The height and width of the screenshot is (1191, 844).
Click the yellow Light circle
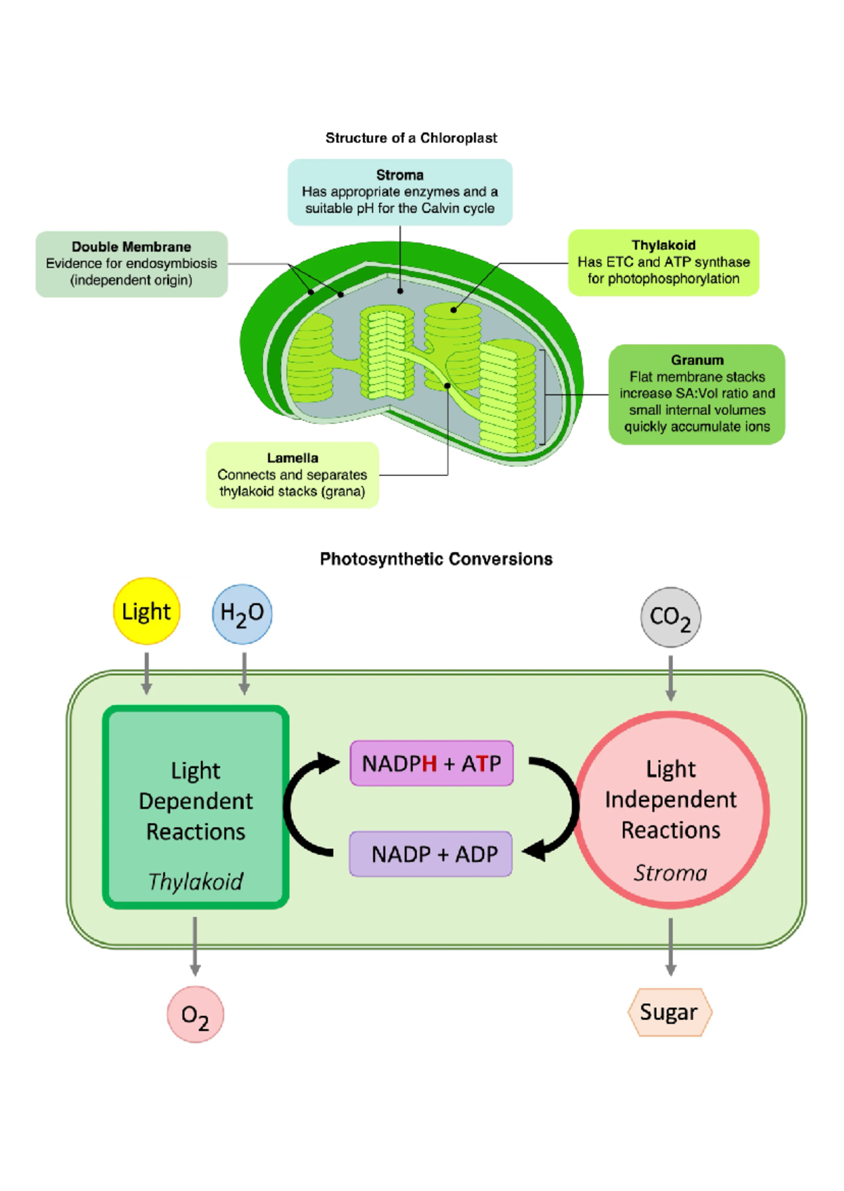tap(146, 611)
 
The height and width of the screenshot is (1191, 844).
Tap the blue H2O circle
tap(242, 614)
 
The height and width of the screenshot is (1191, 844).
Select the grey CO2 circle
tap(670, 617)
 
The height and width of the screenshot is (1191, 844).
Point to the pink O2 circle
tap(195, 1015)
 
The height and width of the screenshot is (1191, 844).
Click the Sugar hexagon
tap(670, 1012)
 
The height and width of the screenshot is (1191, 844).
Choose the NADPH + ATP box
tap(432, 763)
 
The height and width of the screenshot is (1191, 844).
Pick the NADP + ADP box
tap(431, 854)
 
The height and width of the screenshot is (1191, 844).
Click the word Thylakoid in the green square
tap(196, 881)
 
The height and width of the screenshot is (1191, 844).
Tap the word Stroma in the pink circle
tap(670, 873)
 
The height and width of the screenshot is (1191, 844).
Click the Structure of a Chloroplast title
tap(411, 138)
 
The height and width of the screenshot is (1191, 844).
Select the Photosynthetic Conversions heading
tap(436, 559)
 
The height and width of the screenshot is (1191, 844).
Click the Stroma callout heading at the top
tap(399, 175)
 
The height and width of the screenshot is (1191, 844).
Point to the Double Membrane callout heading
tap(132, 247)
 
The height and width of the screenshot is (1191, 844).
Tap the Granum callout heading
tap(697, 360)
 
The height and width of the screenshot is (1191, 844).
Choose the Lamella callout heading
tap(293, 458)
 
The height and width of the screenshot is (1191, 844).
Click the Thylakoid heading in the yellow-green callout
tap(663, 245)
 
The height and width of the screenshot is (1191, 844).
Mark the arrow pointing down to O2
tap(195, 946)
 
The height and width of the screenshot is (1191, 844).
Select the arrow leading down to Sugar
tap(670, 946)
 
